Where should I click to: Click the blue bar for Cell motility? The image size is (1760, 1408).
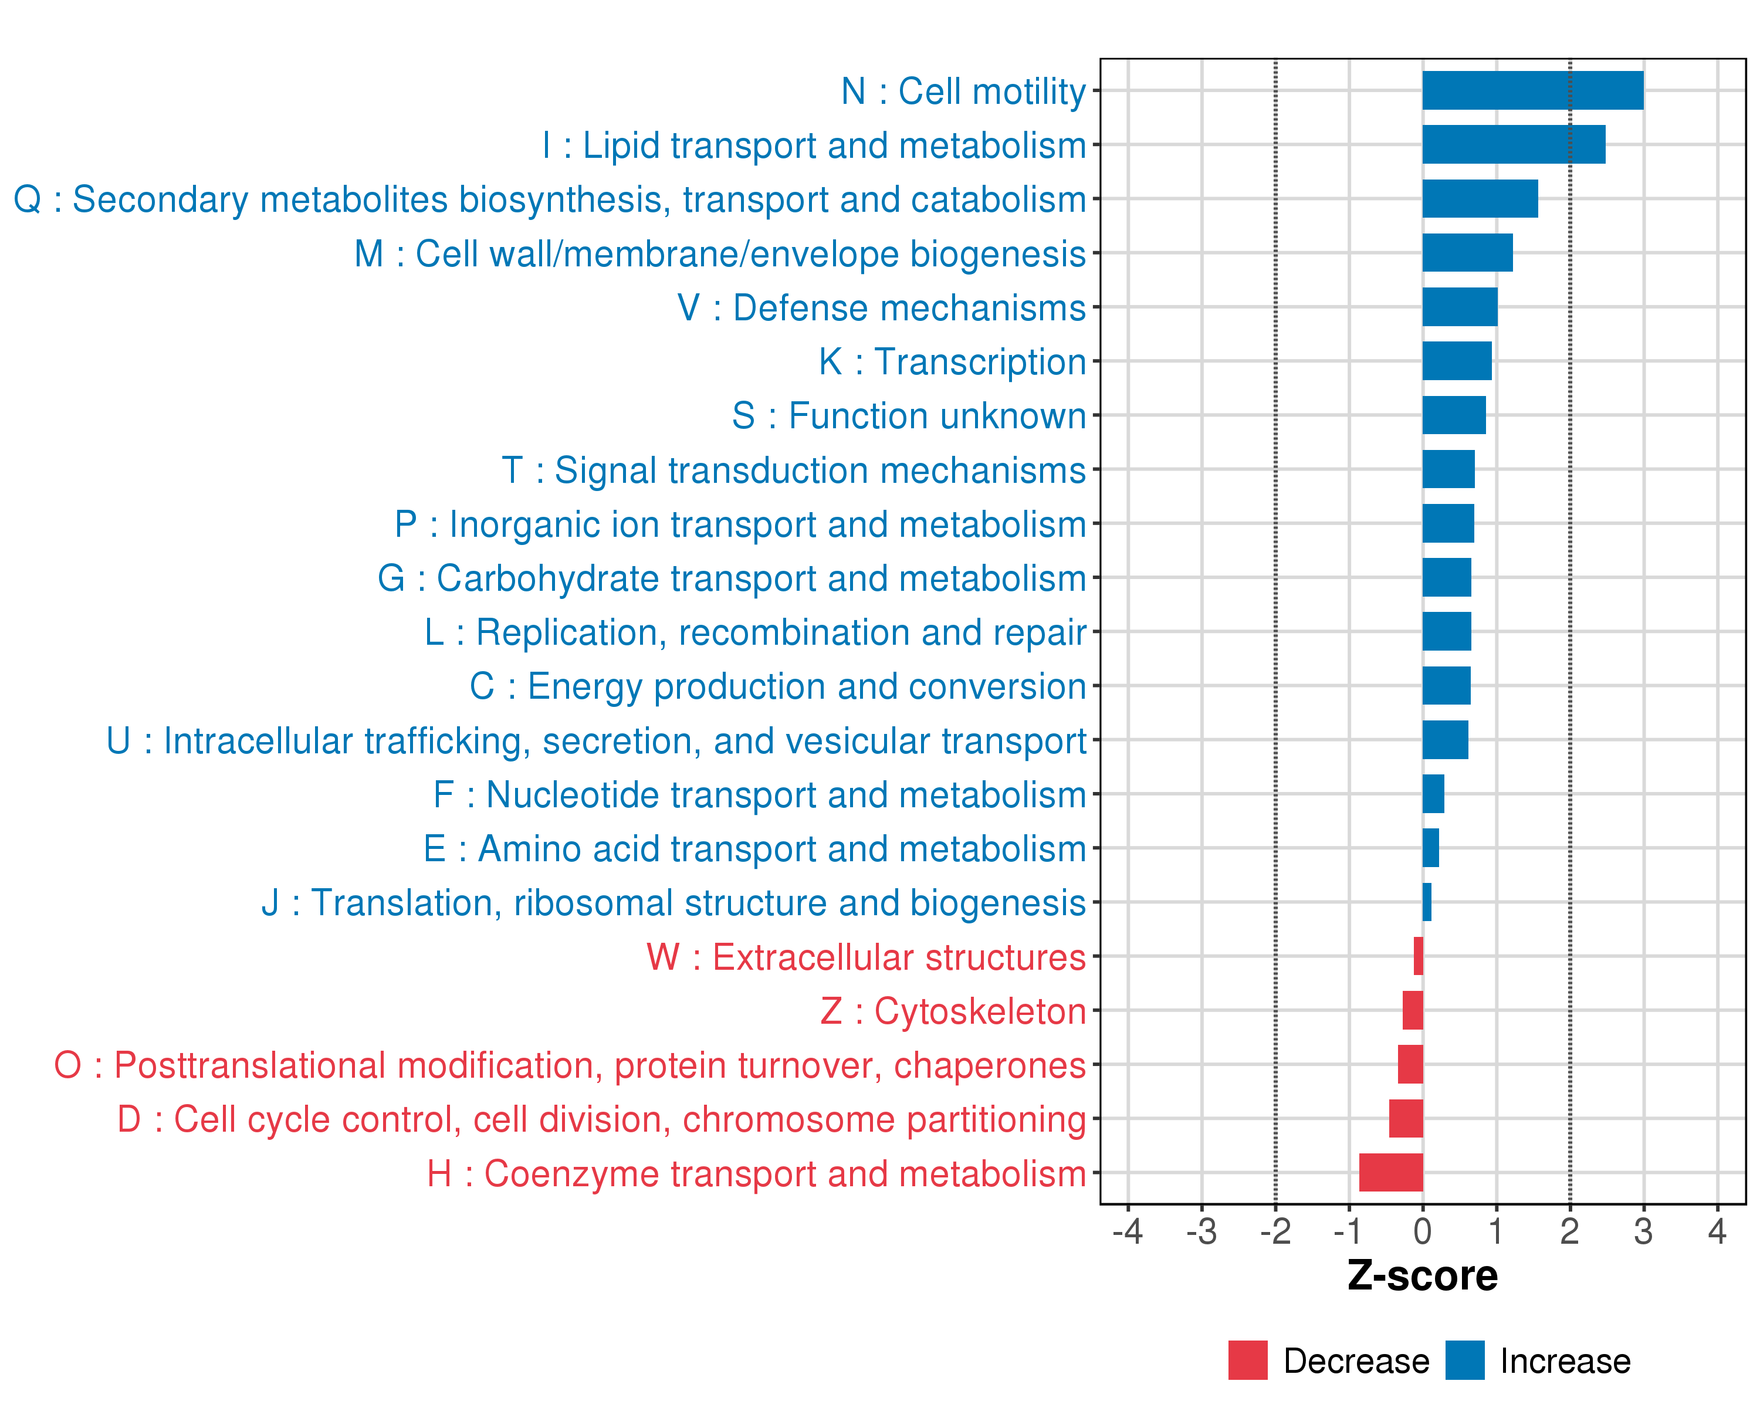[1532, 90]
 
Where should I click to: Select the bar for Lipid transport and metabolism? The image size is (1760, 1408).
[1514, 144]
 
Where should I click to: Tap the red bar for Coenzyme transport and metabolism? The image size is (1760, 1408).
[1390, 1172]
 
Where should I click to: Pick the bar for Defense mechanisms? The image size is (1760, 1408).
[1460, 307]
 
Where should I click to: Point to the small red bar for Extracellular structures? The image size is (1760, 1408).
[1418, 956]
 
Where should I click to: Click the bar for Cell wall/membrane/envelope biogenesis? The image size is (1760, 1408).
[1467, 253]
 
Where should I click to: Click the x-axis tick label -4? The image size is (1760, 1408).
[1128, 1231]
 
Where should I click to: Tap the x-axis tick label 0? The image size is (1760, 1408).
[1422, 1231]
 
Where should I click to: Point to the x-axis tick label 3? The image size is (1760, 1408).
[1643, 1231]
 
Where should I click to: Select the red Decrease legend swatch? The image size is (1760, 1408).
[1247, 1360]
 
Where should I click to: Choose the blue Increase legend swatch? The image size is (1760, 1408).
[1464, 1360]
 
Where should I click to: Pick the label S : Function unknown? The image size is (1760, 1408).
[909, 415]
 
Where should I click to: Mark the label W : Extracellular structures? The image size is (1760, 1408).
[865, 957]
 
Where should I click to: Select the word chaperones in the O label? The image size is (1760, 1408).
[989, 1065]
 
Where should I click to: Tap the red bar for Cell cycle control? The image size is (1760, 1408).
[1406, 1118]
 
